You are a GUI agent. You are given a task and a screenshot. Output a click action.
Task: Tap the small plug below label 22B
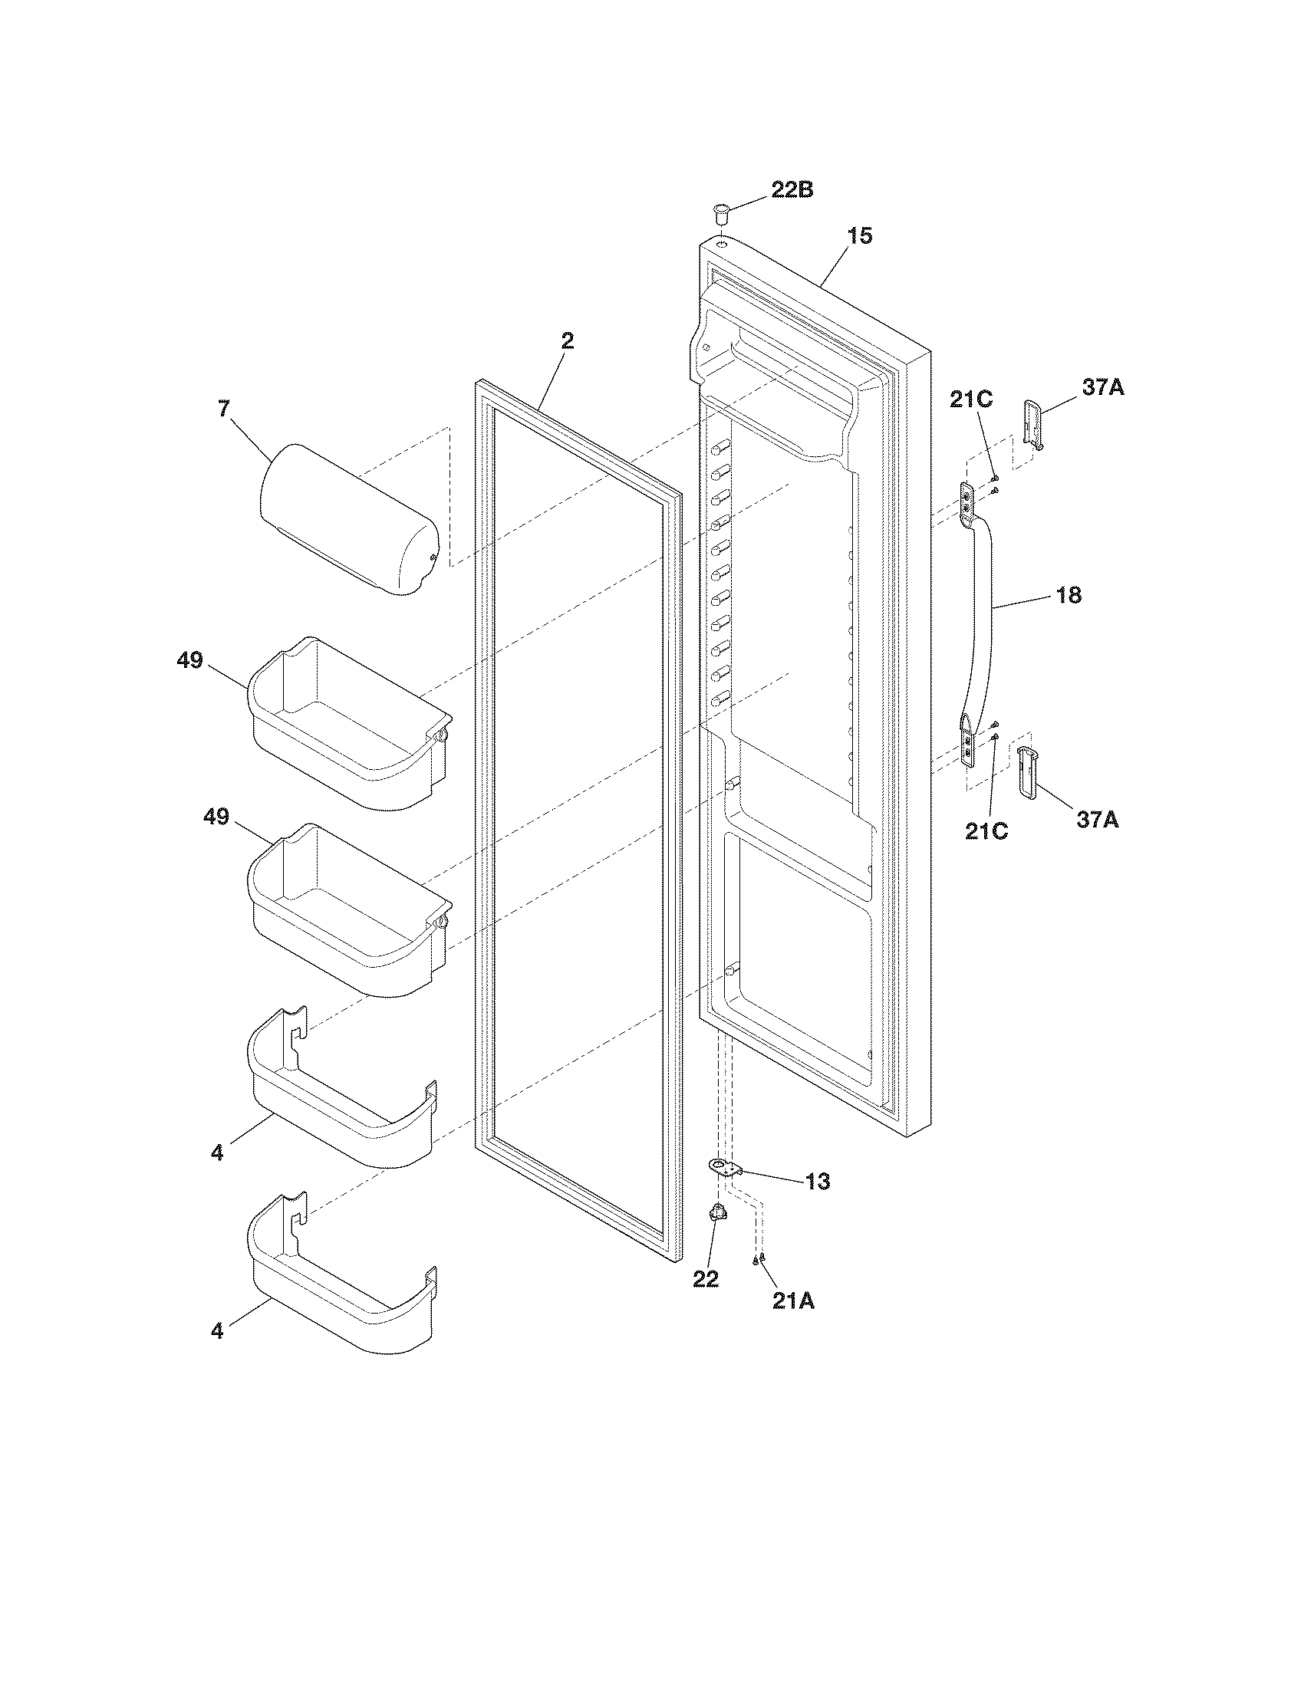pos(721,211)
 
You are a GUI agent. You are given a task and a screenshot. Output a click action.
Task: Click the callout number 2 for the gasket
pos(568,340)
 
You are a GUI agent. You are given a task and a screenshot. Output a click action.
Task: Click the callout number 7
pos(224,409)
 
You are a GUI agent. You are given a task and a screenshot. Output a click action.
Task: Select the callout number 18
pos(1069,596)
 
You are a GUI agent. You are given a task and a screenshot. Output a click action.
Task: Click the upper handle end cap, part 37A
pos(1034,423)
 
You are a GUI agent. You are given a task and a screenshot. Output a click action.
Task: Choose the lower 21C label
pos(986,831)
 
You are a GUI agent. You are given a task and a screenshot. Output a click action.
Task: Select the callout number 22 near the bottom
pos(705,1279)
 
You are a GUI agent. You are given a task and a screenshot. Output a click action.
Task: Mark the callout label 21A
pos(792,1301)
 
